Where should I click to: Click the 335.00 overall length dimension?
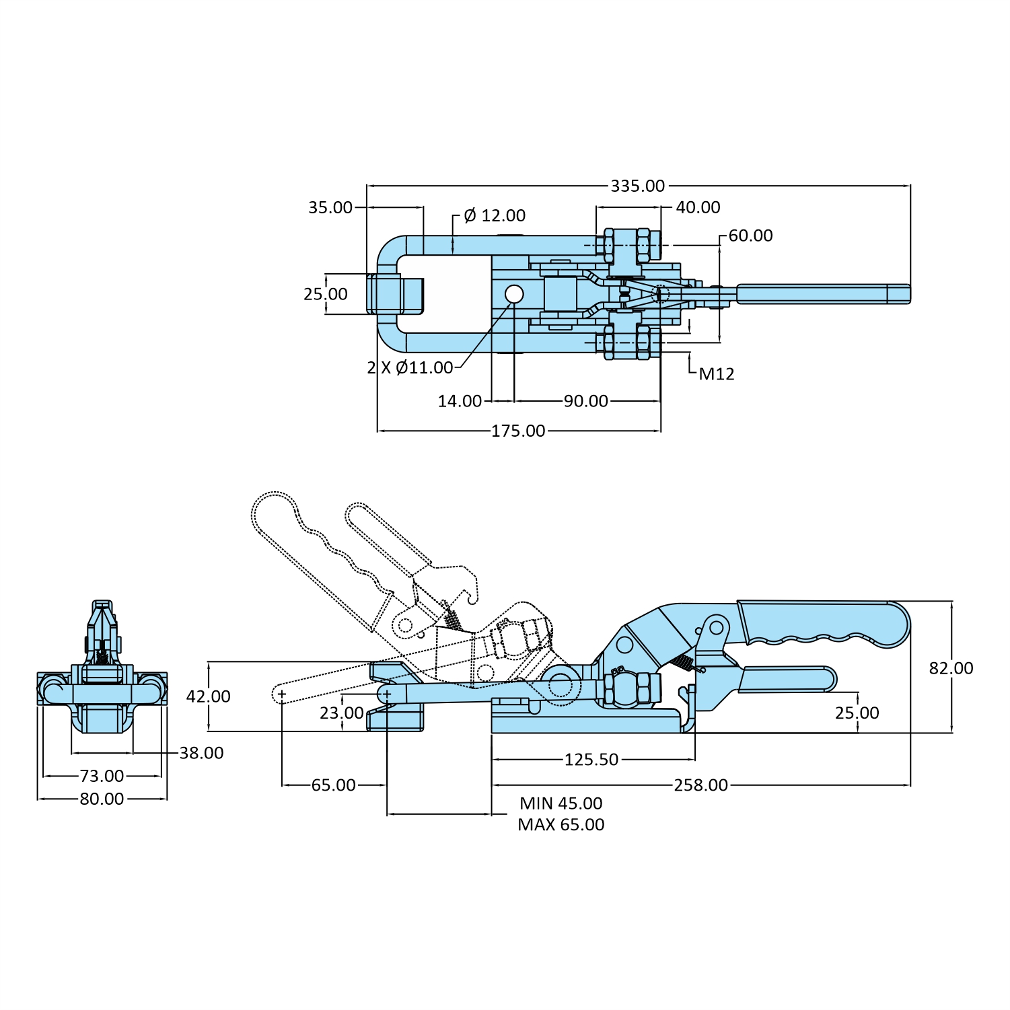point(637,186)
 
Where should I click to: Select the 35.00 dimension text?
point(330,207)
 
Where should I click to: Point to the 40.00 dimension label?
point(698,207)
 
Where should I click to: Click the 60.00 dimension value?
point(750,236)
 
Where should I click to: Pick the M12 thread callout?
point(716,374)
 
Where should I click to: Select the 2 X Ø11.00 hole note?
point(410,367)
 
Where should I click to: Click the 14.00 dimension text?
point(460,401)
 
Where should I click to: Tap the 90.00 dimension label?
point(585,401)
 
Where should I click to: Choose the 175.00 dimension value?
point(518,431)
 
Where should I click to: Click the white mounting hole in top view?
point(514,294)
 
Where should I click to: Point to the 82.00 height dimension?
point(951,668)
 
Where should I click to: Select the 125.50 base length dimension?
point(591,760)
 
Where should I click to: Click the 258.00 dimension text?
point(700,785)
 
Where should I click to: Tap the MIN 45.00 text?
point(561,803)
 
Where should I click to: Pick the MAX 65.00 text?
point(561,825)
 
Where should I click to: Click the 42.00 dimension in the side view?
point(208,696)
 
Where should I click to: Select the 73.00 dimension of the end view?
point(102,776)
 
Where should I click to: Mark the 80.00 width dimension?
point(102,799)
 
